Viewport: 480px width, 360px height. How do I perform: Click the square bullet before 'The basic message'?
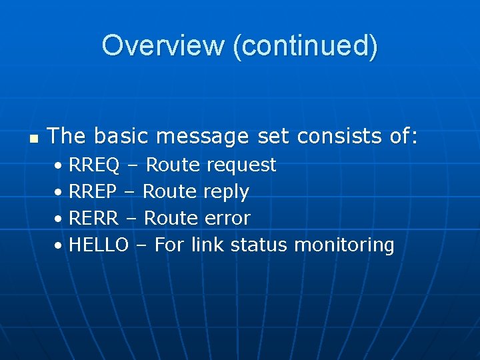point(33,138)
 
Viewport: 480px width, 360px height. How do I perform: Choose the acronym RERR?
point(94,218)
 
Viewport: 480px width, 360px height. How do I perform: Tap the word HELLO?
point(99,245)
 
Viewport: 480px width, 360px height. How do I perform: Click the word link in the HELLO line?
point(207,245)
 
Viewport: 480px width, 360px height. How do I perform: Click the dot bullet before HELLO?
point(59,245)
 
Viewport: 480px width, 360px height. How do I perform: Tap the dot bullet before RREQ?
point(59,165)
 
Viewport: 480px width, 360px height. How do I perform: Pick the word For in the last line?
point(169,245)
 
